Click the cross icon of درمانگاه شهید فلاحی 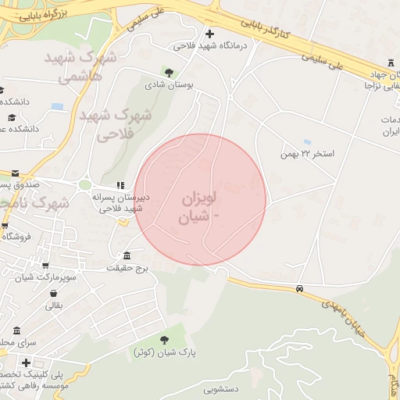(209, 33)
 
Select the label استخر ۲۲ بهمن (308, 153)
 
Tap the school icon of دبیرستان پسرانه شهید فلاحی (120, 185)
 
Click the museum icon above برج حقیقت (127, 256)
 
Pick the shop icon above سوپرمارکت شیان (45, 265)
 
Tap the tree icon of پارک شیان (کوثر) (164, 339)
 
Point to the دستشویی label (221, 387)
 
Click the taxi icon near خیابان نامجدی (300, 289)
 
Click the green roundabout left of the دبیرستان (84, 185)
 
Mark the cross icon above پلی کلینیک (27, 362)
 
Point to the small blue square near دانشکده (56, 105)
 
